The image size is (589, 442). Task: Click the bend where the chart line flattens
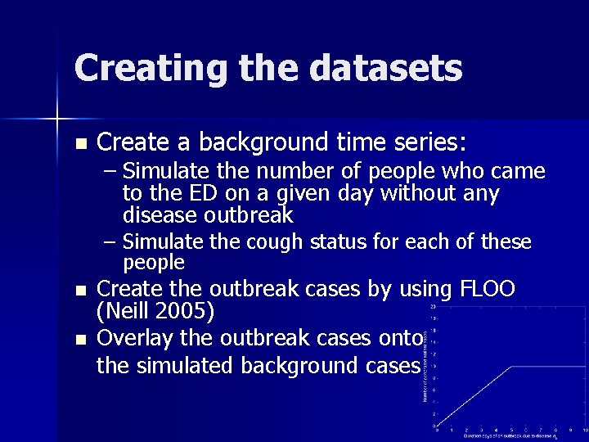[511, 367]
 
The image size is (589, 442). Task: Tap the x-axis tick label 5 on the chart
[511, 431]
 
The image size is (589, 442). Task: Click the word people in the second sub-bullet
[154, 263]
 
